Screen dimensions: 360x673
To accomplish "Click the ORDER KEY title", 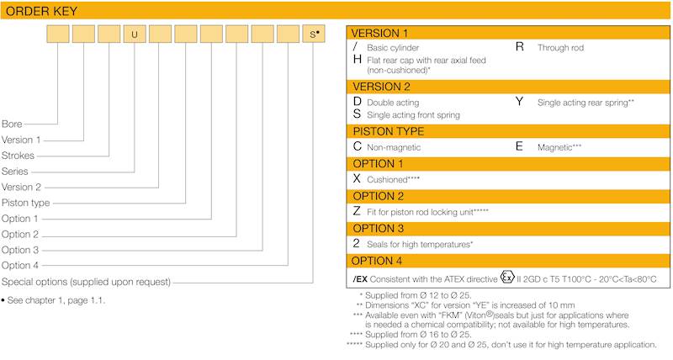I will pyautogui.click(x=42, y=10).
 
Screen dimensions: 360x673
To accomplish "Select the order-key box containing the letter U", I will pyautogui.click(x=135, y=35).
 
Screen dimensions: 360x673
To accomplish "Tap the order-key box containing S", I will pyautogui.click(x=313, y=35).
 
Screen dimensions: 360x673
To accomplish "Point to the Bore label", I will pyautogui.click(x=12, y=124).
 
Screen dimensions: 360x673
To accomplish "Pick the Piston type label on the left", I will pyautogui.click(x=26, y=203).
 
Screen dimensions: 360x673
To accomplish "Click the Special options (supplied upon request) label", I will pyautogui.click(x=87, y=282).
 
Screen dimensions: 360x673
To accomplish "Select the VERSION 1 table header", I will pyautogui.click(x=380, y=33).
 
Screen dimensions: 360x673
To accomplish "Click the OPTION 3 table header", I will pyautogui.click(x=378, y=228).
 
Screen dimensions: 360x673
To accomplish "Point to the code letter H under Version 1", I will pyautogui.click(x=358, y=61).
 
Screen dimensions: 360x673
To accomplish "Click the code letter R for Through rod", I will pyautogui.click(x=520, y=47).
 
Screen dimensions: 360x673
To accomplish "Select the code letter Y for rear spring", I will pyautogui.click(x=520, y=102).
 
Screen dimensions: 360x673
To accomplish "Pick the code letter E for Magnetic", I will pyautogui.click(x=519, y=146).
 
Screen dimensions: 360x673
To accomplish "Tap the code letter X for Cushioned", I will pyautogui.click(x=357, y=179).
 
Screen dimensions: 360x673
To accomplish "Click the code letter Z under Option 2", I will pyautogui.click(x=357, y=211).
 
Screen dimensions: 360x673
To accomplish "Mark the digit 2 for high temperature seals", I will pyautogui.click(x=357, y=243).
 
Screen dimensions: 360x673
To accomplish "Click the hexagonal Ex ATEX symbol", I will pyautogui.click(x=506, y=277).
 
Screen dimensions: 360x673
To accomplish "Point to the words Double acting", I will pyautogui.click(x=393, y=102).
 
